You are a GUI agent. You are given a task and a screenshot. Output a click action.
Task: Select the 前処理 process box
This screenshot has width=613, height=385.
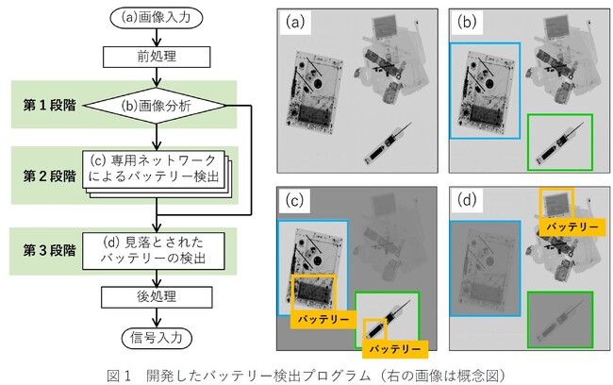(x=165, y=56)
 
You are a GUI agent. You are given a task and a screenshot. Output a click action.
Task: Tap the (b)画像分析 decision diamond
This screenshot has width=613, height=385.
(x=165, y=106)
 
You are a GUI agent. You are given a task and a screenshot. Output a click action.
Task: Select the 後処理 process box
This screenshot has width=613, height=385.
(x=165, y=295)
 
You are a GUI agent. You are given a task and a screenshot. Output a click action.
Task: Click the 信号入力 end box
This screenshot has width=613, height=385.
(x=165, y=336)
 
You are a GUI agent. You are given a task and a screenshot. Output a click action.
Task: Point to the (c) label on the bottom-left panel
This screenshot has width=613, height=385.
(x=295, y=200)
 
